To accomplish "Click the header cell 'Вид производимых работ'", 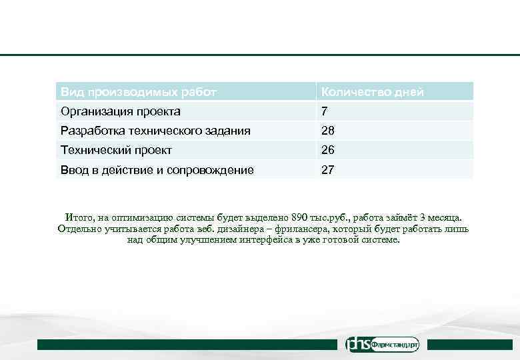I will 138,92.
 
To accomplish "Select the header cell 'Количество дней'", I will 372,92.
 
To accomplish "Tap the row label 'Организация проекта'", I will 120,111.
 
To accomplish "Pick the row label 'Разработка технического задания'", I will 155,131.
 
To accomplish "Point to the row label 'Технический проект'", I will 116,151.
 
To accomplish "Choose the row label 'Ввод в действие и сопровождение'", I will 157,170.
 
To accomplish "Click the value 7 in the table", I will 325,111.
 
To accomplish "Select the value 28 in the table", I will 328,131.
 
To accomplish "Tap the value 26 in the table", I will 328,151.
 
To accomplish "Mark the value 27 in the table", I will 328,170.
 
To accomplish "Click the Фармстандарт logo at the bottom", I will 383,345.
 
